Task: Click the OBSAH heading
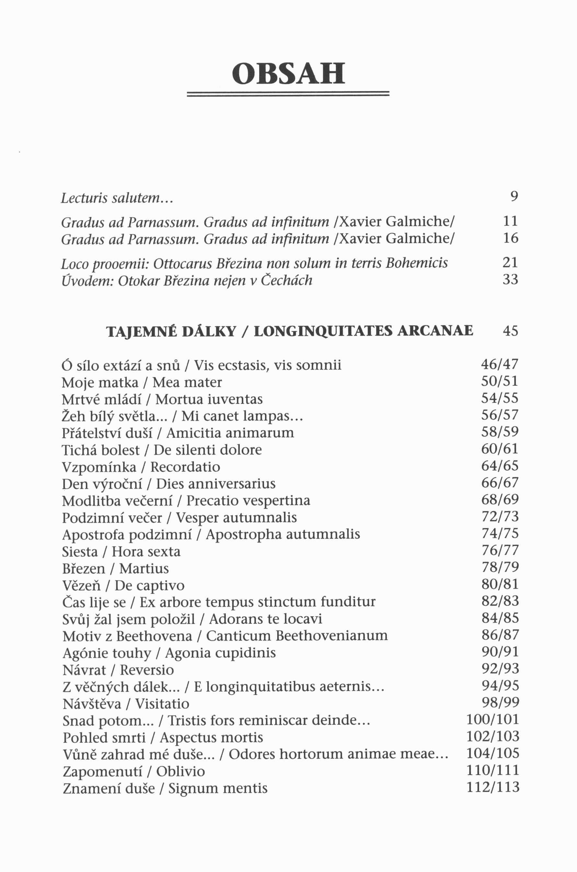[288, 73]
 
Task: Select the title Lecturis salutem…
[117, 198]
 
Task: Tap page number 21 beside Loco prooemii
[510, 263]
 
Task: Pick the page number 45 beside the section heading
[510, 331]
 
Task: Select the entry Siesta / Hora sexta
[121, 552]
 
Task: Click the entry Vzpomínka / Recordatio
[141, 467]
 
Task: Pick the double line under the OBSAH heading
[288, 94]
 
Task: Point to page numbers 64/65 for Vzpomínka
[500, 466]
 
